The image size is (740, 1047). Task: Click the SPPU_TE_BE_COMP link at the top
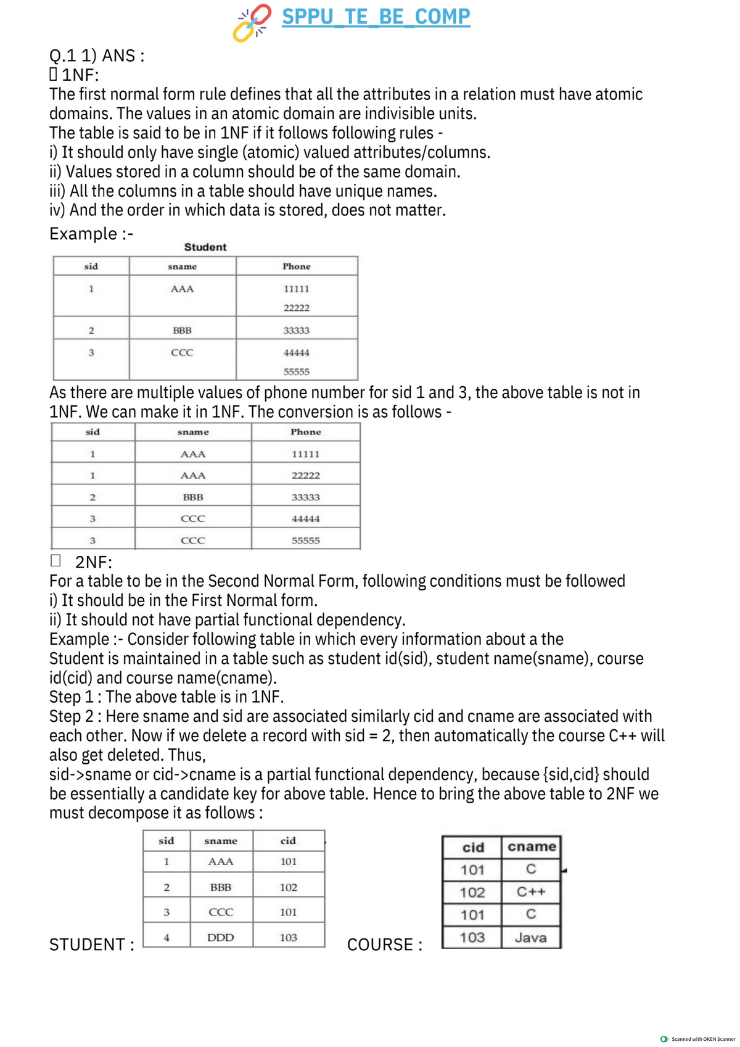[x=376, y=17]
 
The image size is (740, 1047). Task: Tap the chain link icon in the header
[x=252, y=23]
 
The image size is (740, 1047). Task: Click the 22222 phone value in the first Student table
[x=296, y=308]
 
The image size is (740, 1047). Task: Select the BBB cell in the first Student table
[x=182, y=331]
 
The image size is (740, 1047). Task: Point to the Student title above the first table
[x=205, y=247]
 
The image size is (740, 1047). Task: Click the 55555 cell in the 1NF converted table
[x=305, y=540]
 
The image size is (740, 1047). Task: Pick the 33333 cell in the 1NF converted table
[x=305, y=497]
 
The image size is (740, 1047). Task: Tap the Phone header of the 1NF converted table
[x=305, y=432]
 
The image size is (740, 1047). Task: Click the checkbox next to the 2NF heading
[x=55, y=561]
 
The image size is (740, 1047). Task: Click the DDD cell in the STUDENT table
[x=220, y=938]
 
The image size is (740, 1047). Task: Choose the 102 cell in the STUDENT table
[x=288, y=888]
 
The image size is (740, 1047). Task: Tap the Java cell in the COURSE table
[x=530, y=938]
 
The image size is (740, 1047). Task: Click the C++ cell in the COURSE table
[x=530, y=892]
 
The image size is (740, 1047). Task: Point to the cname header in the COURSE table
[x=532, y=847]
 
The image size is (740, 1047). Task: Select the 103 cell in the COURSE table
[x=472, y=938]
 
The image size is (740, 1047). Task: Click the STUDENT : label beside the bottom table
[x=91, y=945]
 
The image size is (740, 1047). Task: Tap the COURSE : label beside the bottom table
[x=385, y=945]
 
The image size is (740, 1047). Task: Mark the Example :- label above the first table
[x=91, y=234]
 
